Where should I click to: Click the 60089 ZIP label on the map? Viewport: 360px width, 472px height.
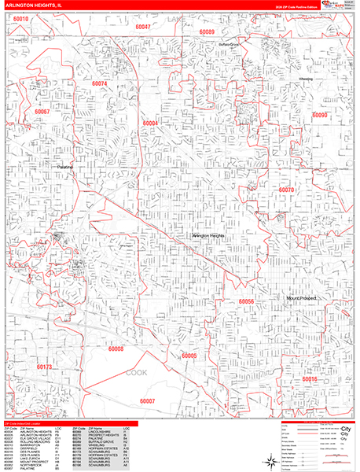(x=207, y=31)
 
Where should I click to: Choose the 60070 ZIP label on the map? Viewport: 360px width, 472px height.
(x=286, y=190)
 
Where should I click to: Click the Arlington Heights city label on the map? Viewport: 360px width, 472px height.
(x=211, y=235)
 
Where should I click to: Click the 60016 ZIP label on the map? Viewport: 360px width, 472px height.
(x=310, y=379)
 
